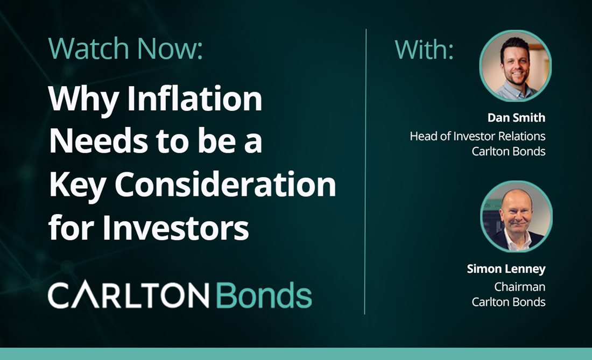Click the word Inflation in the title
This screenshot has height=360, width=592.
[195, 98]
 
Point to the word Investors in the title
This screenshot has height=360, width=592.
[175, 228]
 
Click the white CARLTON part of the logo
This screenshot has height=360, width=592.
[129, 295]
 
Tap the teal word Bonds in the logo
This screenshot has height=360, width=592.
[264, 295]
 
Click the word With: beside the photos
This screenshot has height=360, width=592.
[424, 50]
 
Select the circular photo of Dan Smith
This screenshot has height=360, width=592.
[516, 66]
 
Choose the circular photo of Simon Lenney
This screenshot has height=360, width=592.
[517, 217]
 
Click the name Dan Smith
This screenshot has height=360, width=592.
[516, 118]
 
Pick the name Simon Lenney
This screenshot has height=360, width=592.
[506, 269]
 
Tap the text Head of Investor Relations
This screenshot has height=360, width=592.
[477, 136]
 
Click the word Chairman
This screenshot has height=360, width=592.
[519, 287]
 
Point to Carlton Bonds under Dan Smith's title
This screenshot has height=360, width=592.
[508, 151]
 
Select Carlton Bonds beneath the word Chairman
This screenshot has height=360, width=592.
[508, 302]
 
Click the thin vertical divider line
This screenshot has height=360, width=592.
[365, 171]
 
